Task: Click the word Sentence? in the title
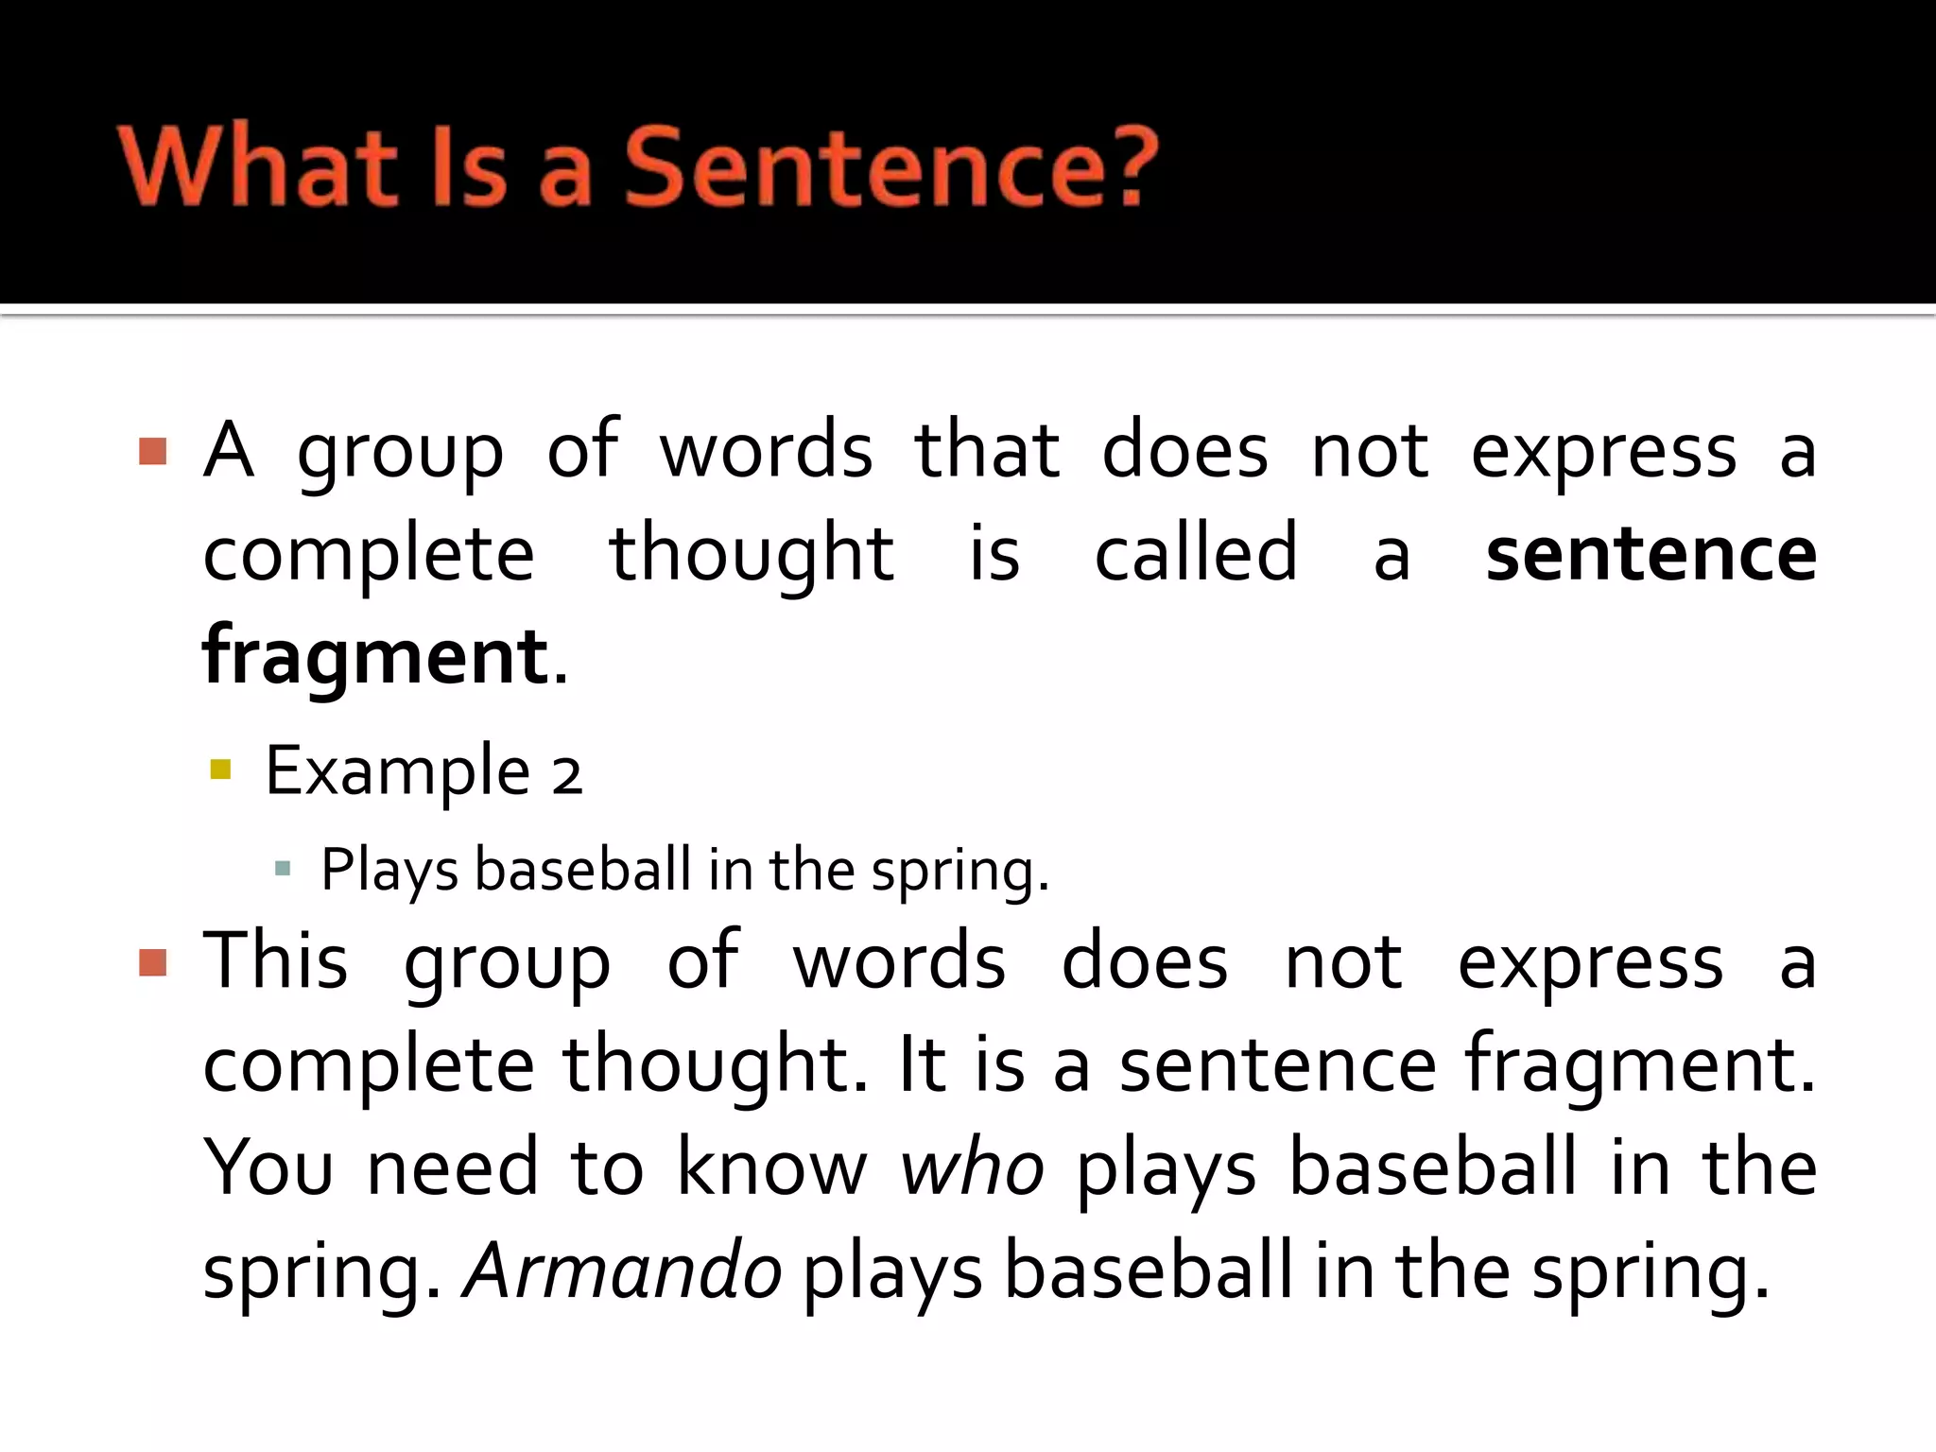click(890, 168)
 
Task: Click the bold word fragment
click(375, 657)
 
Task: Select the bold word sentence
click(1650, 554)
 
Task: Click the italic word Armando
click(622, 1271)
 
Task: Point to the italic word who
click(971, 1168)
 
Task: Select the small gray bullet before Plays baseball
click(282, 868)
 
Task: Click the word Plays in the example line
click(389, 870)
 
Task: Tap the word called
click(1196, 554)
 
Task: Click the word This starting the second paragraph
click(275, 961)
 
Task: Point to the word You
click(268, 1168)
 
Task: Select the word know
click(771, 1168)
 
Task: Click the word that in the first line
click(986, 451)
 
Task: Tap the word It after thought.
click(922, 1065)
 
